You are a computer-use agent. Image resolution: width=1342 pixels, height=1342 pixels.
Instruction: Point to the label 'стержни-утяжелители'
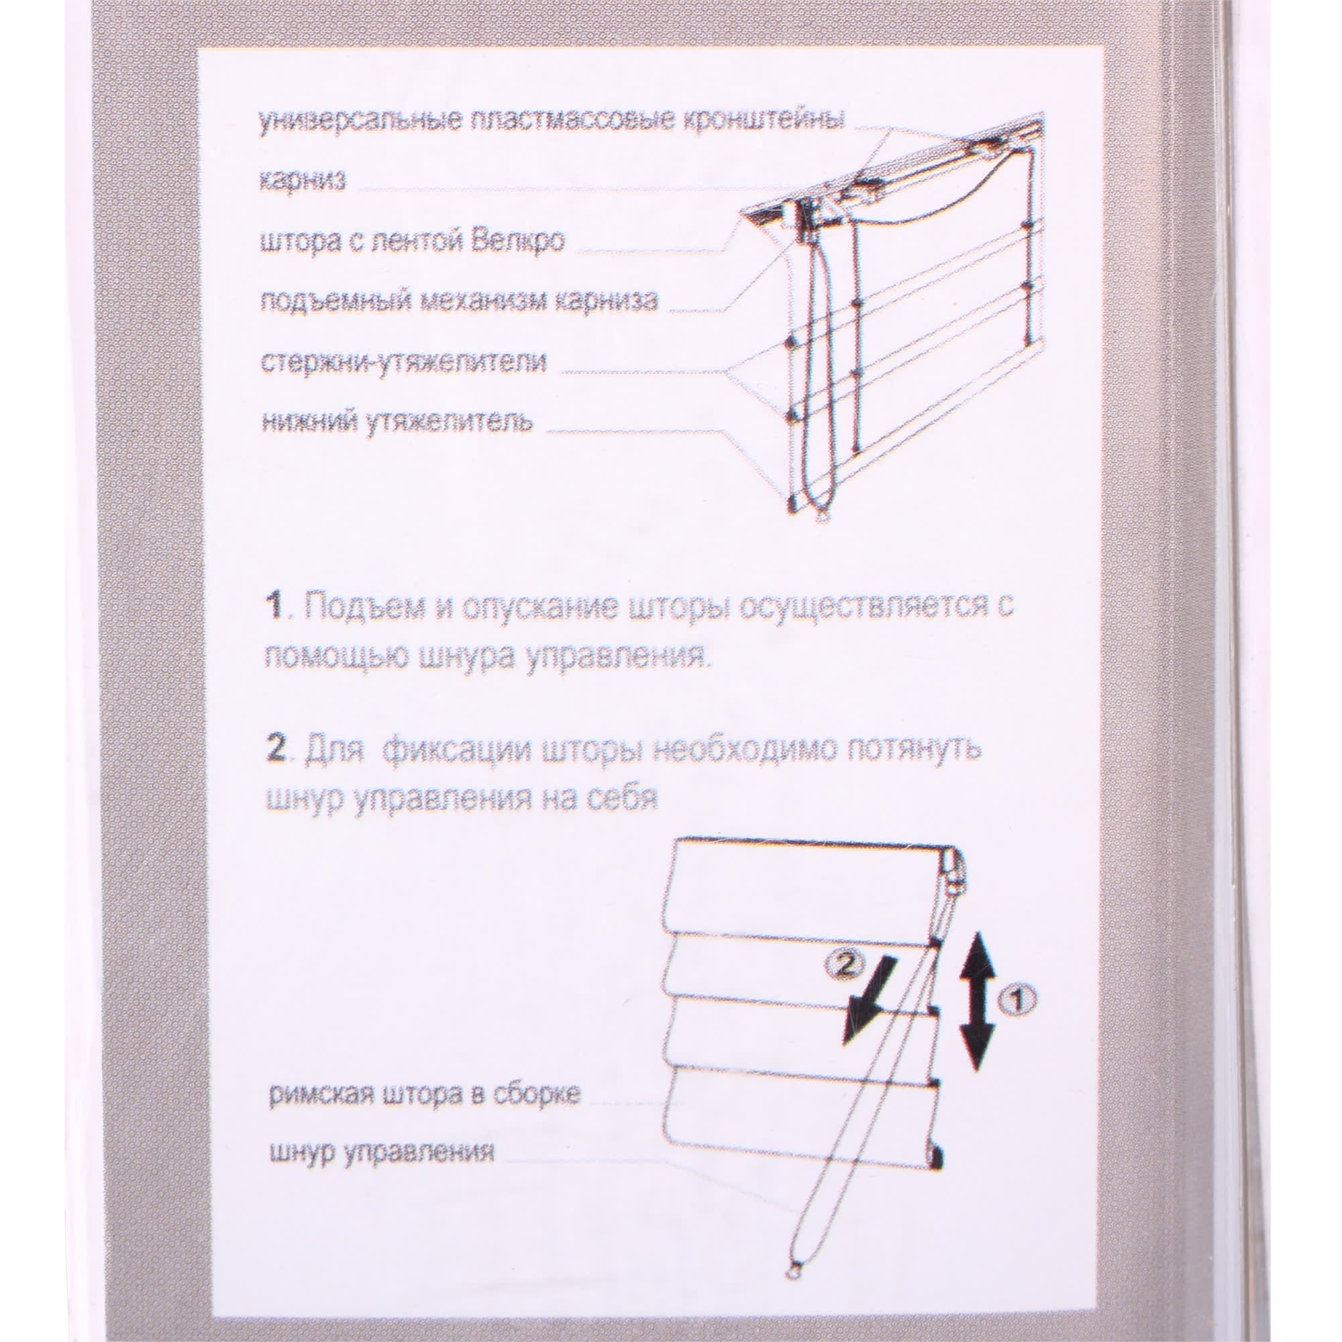[402, 362]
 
